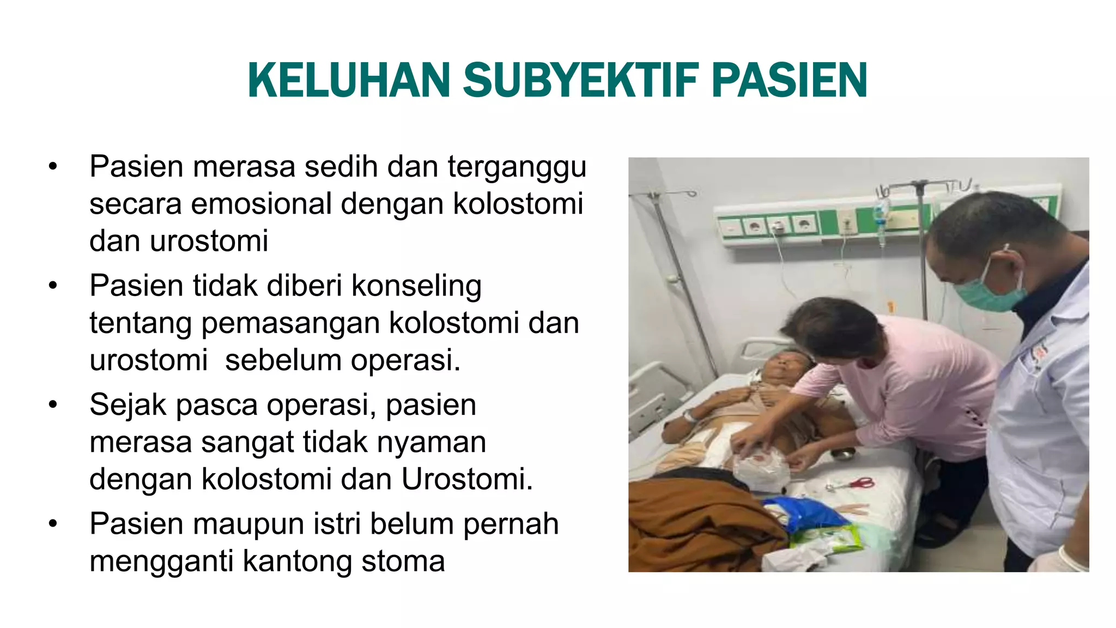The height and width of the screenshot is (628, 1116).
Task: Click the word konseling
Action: (416, 286)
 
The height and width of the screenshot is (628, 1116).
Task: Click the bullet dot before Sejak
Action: (52, 405)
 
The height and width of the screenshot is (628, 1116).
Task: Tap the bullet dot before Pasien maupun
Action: (52, 524)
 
